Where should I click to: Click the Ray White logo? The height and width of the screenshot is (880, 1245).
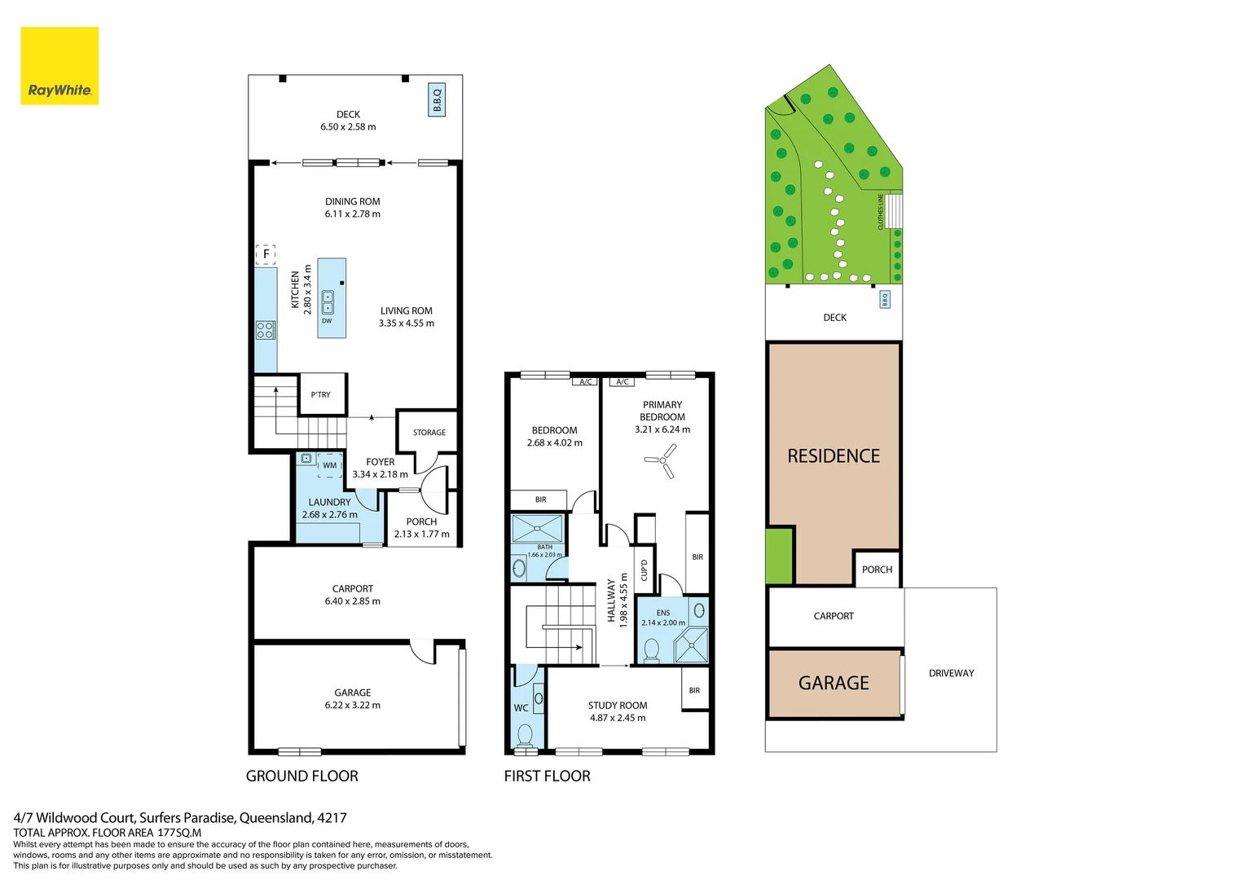tap(59, 66)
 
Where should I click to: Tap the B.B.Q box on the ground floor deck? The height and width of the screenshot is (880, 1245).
tap(437, 100)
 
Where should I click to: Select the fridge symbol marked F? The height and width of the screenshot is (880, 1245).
tap(266, 254)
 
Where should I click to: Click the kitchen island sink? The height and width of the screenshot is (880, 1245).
tap(328, 302)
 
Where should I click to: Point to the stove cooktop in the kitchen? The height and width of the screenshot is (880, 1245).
tap(265, 330)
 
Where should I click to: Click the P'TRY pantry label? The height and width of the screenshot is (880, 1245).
tap(321, 395)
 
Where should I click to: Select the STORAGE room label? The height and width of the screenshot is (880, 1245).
tap(429, 433)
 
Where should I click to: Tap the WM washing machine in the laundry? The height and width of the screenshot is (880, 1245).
tap(330, 465)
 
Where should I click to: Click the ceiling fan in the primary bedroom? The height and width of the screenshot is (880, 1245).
tap(662, 461)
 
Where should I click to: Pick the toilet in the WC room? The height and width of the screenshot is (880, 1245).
tap(526, 735)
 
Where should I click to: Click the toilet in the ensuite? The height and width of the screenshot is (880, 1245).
tap(651, 649)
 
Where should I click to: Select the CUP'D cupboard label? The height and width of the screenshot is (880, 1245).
tap(644, 570)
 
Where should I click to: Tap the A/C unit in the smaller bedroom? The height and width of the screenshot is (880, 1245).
tap(586, 381)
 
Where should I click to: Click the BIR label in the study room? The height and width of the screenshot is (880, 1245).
tap(694, 690)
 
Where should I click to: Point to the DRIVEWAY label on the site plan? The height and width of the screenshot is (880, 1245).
tap(951, 673)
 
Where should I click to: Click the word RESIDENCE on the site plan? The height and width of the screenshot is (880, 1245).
tap(834, 456)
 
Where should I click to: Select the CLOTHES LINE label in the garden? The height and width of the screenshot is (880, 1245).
tap(881, 212)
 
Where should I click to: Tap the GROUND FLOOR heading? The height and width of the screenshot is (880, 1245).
tap(302, 777)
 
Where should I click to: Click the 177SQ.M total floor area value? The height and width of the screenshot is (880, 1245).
tap(179, 833)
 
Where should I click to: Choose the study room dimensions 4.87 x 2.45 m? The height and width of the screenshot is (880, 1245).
tap(618, 718)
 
